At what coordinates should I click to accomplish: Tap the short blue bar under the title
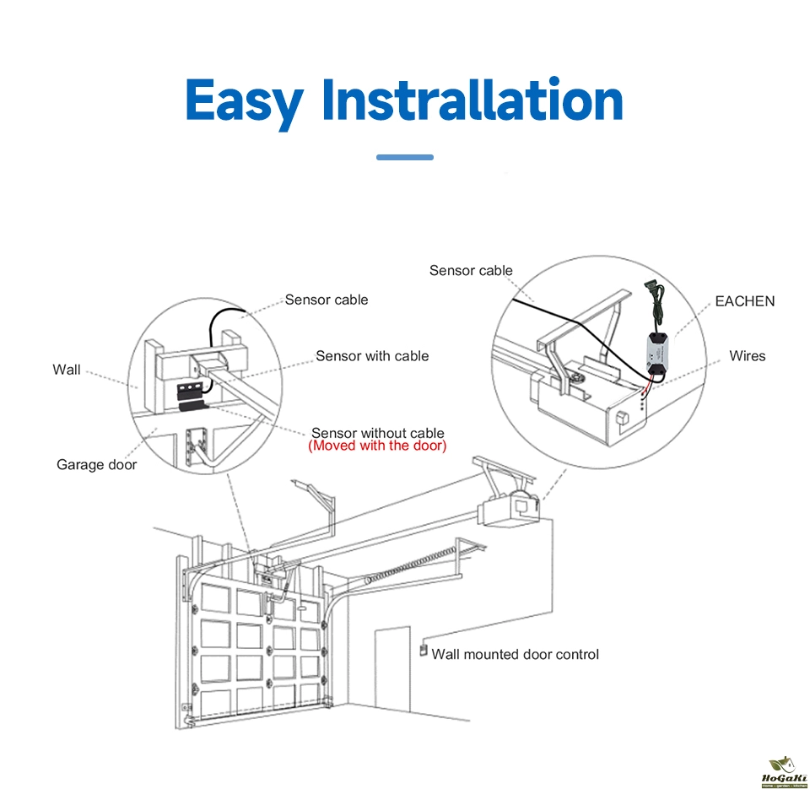(x=404, y=157)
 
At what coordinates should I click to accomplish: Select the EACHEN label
(x=744, y=301)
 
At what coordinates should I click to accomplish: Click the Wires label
(x=747, y=356)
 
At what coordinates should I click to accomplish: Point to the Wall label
(x=67, y=370)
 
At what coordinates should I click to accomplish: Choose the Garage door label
(x=96, y=464)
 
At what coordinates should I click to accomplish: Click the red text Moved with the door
(x=377, y=446)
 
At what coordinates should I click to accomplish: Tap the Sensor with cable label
(x=372, y=356)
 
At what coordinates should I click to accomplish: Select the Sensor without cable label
(x=377, y=433)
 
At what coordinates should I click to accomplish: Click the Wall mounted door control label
(x=515, y=654)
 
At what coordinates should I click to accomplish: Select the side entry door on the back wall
(x=392, y=668)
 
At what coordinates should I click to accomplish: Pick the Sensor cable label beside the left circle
(x=326, y=300)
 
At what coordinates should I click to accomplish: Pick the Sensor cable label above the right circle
(x=471, y=271)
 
